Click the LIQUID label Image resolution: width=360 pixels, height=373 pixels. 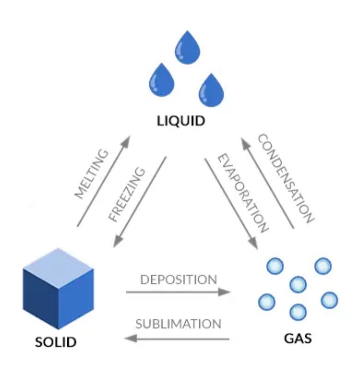(x=180, y=120)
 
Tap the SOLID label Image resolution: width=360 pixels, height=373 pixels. (x=56, y=342)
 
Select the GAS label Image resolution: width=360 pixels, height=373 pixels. (x=298, y=337)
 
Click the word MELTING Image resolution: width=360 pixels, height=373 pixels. (x=91, y=174)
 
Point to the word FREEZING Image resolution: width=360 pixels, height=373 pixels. (x=126, y=194)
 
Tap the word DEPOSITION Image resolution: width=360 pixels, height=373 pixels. (x=178, y=279)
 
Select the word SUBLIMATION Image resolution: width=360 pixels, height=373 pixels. (x=178, y=323)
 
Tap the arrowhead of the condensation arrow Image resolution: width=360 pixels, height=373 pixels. (x=243, y=140)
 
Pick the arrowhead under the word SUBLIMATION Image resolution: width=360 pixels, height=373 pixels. (x=129, y=339)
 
